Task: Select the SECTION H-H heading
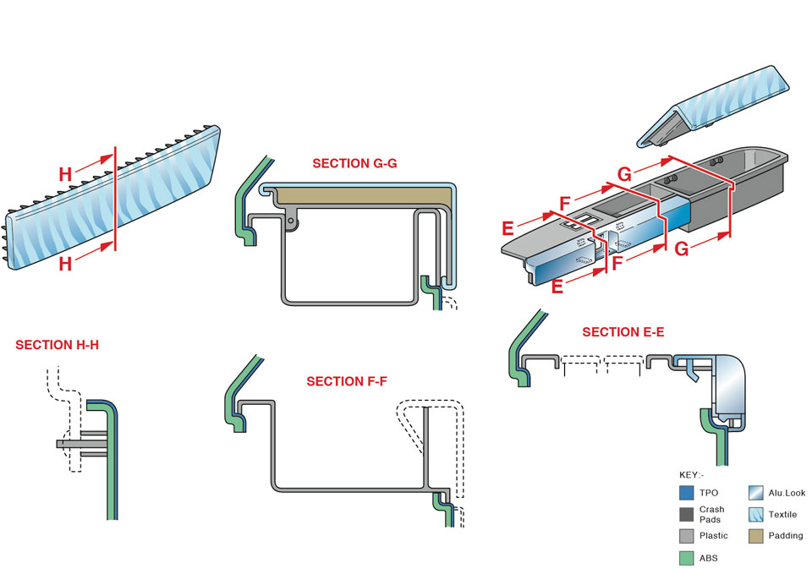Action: coord(57,345)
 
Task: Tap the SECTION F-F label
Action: coord(347,381)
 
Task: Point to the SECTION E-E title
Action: coord(623,332)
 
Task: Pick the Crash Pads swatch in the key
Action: coord(687,514)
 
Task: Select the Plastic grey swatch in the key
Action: coord(687,536)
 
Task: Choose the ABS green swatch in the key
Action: coord(687,558)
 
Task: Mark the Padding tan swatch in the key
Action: coord(757,536)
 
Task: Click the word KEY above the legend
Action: coord(692,474)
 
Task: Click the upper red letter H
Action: coord(65,175)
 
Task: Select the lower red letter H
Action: coord(65,264)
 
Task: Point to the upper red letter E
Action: coord(507,228)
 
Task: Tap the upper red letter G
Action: coord(624,175)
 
